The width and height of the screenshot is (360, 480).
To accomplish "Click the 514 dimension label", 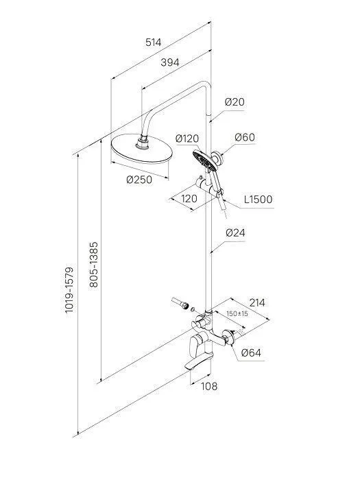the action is pos(153,43).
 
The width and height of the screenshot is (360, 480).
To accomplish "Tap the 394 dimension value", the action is pos(170,62).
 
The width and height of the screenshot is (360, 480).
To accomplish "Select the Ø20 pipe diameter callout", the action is pos(235,101).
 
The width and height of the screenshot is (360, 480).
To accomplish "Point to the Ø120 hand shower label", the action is pos(187,139).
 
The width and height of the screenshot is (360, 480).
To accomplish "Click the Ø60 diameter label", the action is pos(245,137).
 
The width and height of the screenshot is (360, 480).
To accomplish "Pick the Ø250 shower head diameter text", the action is pos(139,180).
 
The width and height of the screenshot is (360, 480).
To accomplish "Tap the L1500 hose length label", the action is pos(258,200).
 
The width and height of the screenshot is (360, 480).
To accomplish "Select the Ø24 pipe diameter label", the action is pos(235,233).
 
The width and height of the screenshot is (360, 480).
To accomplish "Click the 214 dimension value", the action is pos(257,303).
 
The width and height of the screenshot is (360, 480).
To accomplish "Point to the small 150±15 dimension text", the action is pos(237,314).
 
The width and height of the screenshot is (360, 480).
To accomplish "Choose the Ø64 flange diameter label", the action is pos(251,352).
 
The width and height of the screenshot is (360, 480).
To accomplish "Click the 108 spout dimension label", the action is pos(209,386).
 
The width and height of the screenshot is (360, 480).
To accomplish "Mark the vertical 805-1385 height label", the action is pos(94,265).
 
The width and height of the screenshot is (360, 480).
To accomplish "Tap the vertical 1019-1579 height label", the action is pos(69,290).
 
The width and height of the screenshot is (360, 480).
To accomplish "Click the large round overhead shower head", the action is pos(142,149).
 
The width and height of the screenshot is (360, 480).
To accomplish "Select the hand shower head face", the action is pos(202,159).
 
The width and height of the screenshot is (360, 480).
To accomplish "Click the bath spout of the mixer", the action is pos(198,361).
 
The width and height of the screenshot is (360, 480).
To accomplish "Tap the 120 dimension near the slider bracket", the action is pos(189,199).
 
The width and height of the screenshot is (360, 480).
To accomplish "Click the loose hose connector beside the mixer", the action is pos(180,302).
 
